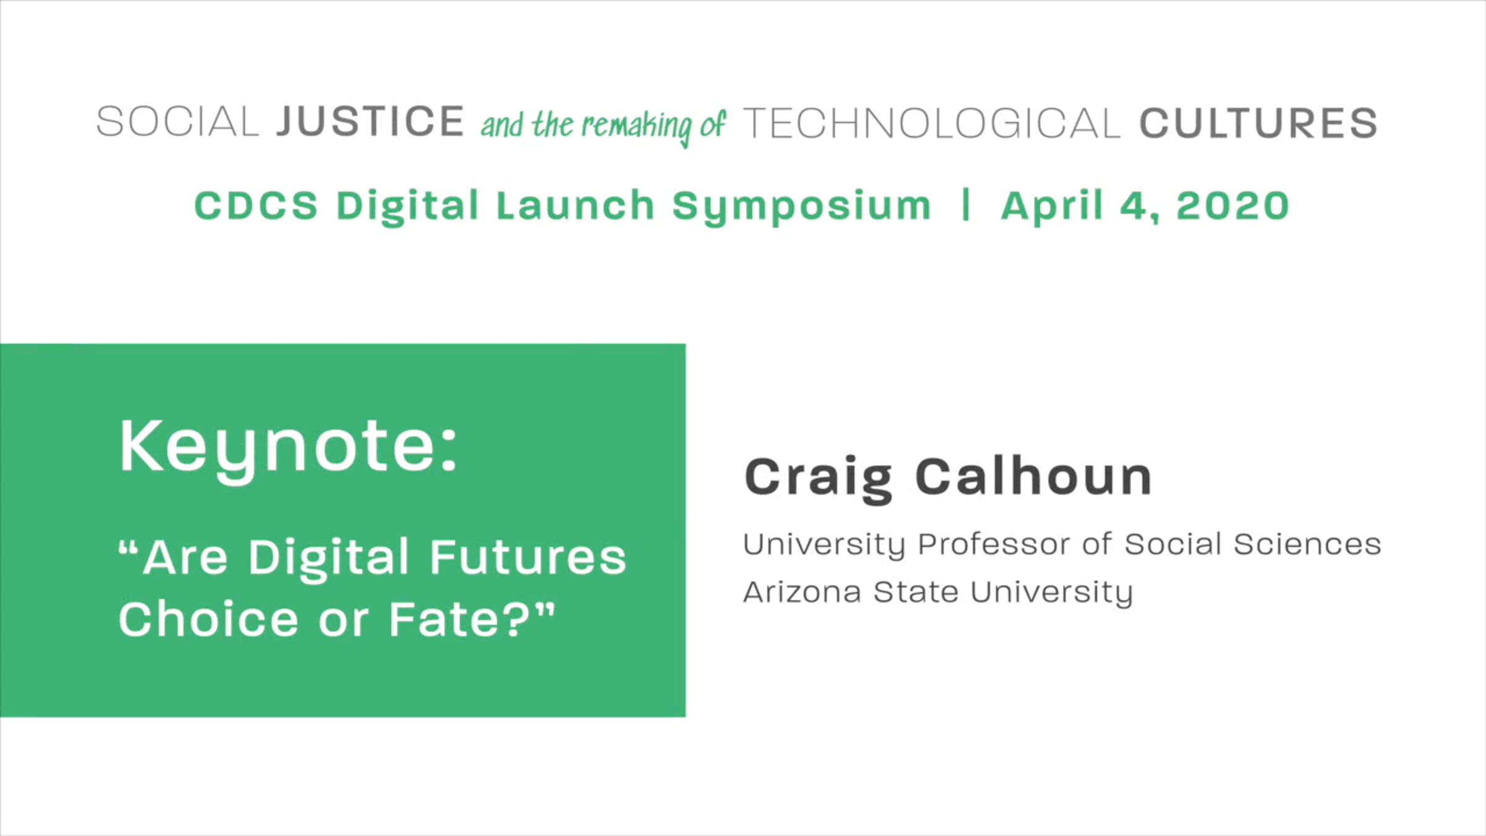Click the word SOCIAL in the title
pyautogui.click(x=177, y=121)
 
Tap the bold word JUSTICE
pyautogui.click(x=370, y=121)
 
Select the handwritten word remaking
pyautogui.click(x=636, y=126)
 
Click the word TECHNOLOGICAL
pyautogui.click(x=931, y=123)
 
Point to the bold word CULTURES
pyautogui.click(x=1259, y=123)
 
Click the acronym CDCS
pyautogui.click(x=256, y=206)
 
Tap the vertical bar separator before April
pyautogui.click(x=965, y=206)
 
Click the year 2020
pyautogui.click(x=1233, y=206)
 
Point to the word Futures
pyautogui.click(x=528, y=557)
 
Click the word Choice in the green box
pyautogui.click(x=209, y=619)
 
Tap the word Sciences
pyautogui.click(x=1307, y=544)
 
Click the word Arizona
pyautogui.click(x=802, y=592)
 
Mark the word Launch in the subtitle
pyautogui.click(x=575, y=206)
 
